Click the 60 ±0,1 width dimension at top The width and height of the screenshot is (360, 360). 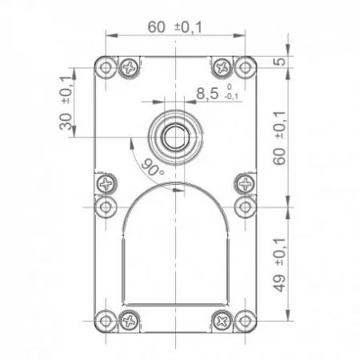click(x=175, y=27)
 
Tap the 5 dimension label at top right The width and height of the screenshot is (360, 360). click(x=279, y=62)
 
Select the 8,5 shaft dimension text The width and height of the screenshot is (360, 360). click(x=207, y=94)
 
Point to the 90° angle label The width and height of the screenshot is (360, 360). click(x=152, y=167)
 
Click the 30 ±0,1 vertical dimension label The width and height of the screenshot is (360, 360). click(x=66, y=102)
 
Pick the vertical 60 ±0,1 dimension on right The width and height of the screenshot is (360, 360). click(x=279, y=138)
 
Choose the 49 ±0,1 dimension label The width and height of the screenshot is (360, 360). click(x=279, y=264)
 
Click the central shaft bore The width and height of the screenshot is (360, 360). click(x=175, y=138)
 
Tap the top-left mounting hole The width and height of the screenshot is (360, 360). click(x=106, y=67)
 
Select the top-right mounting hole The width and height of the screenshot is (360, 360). click(x=245, y=67)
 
